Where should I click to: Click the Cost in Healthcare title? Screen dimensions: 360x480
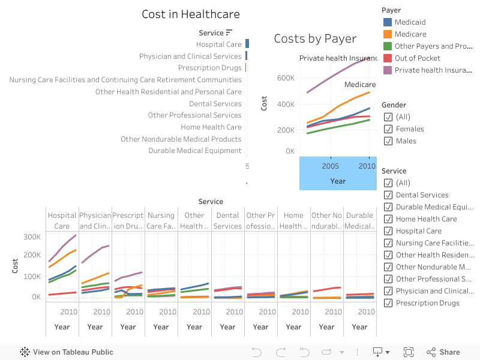point(191,14)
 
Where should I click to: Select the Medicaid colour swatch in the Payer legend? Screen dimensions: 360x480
point(388,22)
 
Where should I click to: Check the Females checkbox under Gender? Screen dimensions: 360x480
point(388,129)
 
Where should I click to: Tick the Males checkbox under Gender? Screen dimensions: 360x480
point(388,141)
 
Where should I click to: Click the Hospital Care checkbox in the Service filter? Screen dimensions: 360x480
point(388,231)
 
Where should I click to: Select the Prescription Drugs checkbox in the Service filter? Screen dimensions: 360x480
point(388,303)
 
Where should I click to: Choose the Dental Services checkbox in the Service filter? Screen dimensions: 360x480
point(388,195)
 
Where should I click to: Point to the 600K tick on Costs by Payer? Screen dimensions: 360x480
point(285,78)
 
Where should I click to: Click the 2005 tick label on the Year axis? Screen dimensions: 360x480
point(331,166)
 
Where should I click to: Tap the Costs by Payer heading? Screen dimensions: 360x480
point(315,39)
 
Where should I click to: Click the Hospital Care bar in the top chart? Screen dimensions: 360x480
point(247,44)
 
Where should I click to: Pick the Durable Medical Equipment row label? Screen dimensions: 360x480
point(195,151)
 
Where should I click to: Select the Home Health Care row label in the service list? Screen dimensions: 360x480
point(211,127)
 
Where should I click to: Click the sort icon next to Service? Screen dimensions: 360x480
point(229,32)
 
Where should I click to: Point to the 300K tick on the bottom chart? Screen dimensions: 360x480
point(32,236)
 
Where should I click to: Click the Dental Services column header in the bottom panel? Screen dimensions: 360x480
point(227,220)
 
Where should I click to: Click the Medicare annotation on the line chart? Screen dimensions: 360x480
point(359,85)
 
